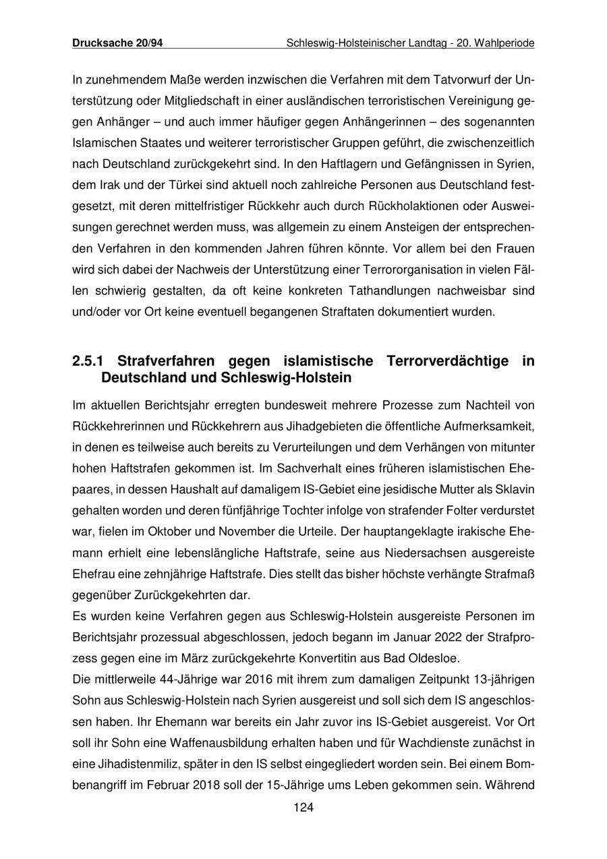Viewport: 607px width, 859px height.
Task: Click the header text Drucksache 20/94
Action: coord(117,43)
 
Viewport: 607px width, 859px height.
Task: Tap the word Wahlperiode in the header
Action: coord(504,43)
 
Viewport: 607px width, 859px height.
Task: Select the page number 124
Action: coord(303,808)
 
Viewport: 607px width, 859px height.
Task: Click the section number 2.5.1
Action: coord(90,361)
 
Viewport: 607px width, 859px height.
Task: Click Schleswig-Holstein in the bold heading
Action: coord(286,378)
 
